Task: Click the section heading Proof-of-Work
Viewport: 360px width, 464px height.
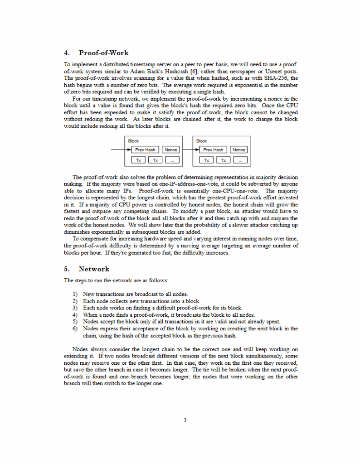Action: tap(103, 53)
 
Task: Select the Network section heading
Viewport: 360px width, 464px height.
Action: tap(94, 269)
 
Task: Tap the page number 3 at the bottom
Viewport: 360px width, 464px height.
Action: tap(185, 420)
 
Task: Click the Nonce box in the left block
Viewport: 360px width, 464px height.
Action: tap(171, 150)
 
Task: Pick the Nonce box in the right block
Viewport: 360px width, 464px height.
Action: tap(239, 150)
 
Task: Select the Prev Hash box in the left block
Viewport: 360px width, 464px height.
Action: tap(145, 150)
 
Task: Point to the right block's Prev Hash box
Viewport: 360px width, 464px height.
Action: tap(213, 150)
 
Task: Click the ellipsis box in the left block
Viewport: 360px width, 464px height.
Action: tap(172, 160)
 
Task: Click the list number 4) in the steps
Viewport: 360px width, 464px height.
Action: tap(75, 315)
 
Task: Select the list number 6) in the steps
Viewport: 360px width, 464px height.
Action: tap(75, 329)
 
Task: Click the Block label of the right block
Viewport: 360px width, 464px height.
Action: tap(201, 141)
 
